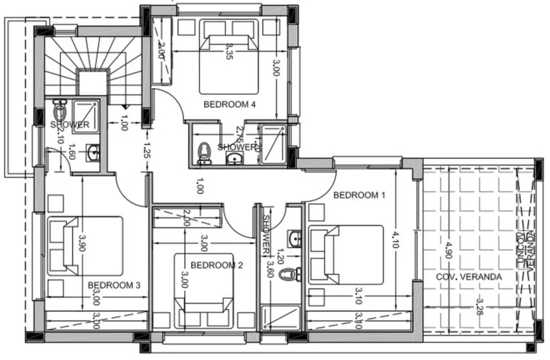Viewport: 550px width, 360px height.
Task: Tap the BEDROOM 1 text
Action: click(x=360, y=195)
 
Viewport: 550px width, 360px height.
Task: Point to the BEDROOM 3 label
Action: click(x=113, y=286)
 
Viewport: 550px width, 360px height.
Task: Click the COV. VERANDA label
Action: click(x=470, y=276)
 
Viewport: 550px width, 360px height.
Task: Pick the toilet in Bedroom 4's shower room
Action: click(x=204, y=152)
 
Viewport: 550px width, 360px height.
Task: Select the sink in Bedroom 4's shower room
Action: click(x=233, y=158)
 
